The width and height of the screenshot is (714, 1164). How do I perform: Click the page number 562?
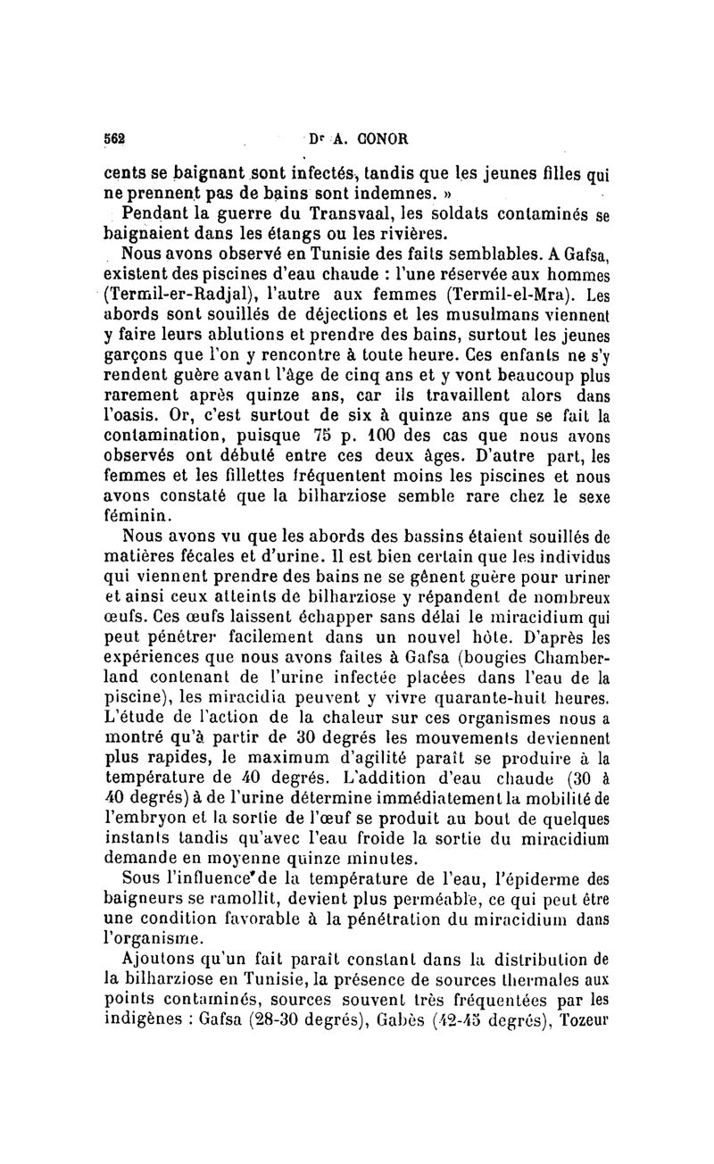pyautogui.click(x=114, y=139)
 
